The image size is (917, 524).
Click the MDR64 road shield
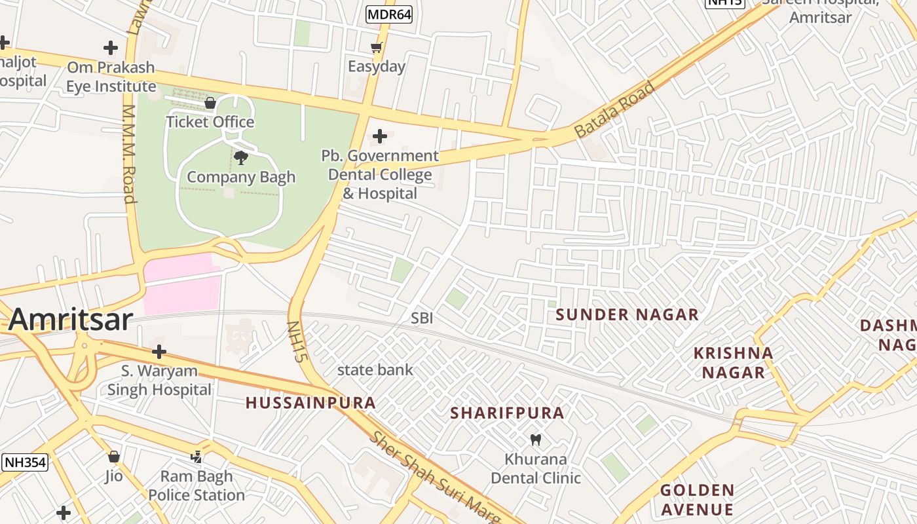(x=389, y=14)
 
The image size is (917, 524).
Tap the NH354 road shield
(x=25, y=462)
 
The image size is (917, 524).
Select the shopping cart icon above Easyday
(x=376, y=47)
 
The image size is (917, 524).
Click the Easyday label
(x=376, y=66)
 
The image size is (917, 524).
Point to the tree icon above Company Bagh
(x=240, y=157)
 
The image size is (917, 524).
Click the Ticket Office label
(x=210, y=122)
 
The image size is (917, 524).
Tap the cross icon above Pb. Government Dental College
(x=379, y=136)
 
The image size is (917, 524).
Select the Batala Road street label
(x=614, y=109)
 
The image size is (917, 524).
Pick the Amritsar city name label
(x=71, y=320)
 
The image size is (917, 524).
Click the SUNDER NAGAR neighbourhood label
(x=627, y=315)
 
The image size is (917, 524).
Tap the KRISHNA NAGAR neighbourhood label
(x=733, y=363)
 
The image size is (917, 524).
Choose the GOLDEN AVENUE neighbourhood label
(x=697, y=500)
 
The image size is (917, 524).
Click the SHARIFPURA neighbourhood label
(x=507, y=413)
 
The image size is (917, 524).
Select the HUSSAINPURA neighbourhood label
(x=310, y=403)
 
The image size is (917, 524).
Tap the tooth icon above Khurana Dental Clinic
(x=535, y=440)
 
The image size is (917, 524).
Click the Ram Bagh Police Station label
(x=196, y=485)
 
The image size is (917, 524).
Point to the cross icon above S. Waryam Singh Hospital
(x=159, y=352)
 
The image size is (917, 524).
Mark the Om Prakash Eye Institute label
(x=111, y=77)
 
